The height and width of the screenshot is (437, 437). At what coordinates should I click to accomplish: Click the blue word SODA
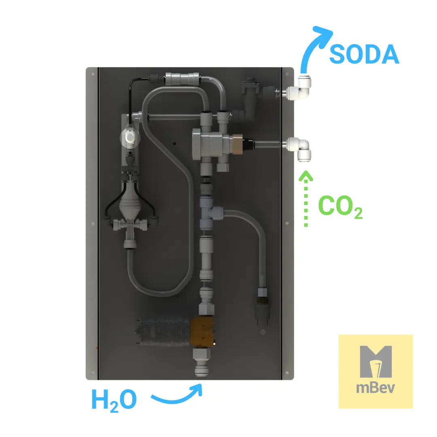point(364,54)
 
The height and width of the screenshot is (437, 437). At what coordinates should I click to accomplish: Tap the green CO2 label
point(340,206)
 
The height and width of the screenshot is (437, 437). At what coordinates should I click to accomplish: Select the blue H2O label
point(114,400)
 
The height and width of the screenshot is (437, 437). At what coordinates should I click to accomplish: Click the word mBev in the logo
point(375,388)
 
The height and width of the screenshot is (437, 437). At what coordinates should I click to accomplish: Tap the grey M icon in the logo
point(375,361)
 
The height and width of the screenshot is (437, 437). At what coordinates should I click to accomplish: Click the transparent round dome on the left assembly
point(129,137)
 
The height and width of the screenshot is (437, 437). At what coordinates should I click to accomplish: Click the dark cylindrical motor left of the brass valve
point(163,331)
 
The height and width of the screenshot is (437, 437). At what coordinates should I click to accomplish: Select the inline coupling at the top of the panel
point(182,79)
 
